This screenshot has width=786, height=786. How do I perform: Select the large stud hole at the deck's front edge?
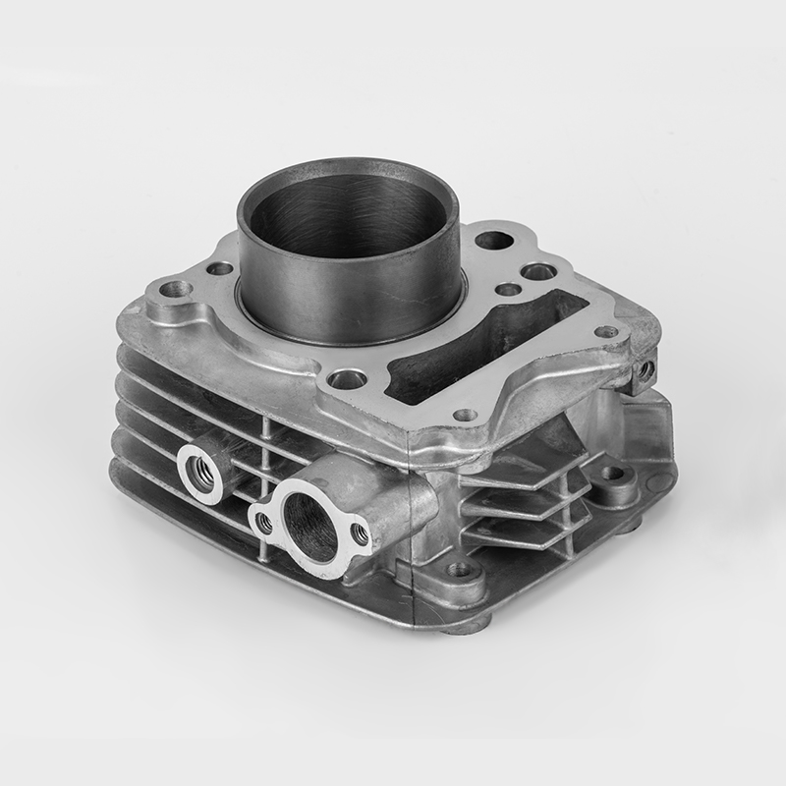click(x=346, y=378)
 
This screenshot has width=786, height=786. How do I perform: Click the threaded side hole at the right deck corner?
click(x=646, y=370)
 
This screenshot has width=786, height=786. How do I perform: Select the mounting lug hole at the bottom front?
click(x=458, y=569)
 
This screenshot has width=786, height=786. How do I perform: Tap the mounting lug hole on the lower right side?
click(x=611, y=474)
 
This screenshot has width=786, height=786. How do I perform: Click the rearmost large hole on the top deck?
click(x=493, y=239)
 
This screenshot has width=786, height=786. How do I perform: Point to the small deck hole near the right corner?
click(x=607, y=331)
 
